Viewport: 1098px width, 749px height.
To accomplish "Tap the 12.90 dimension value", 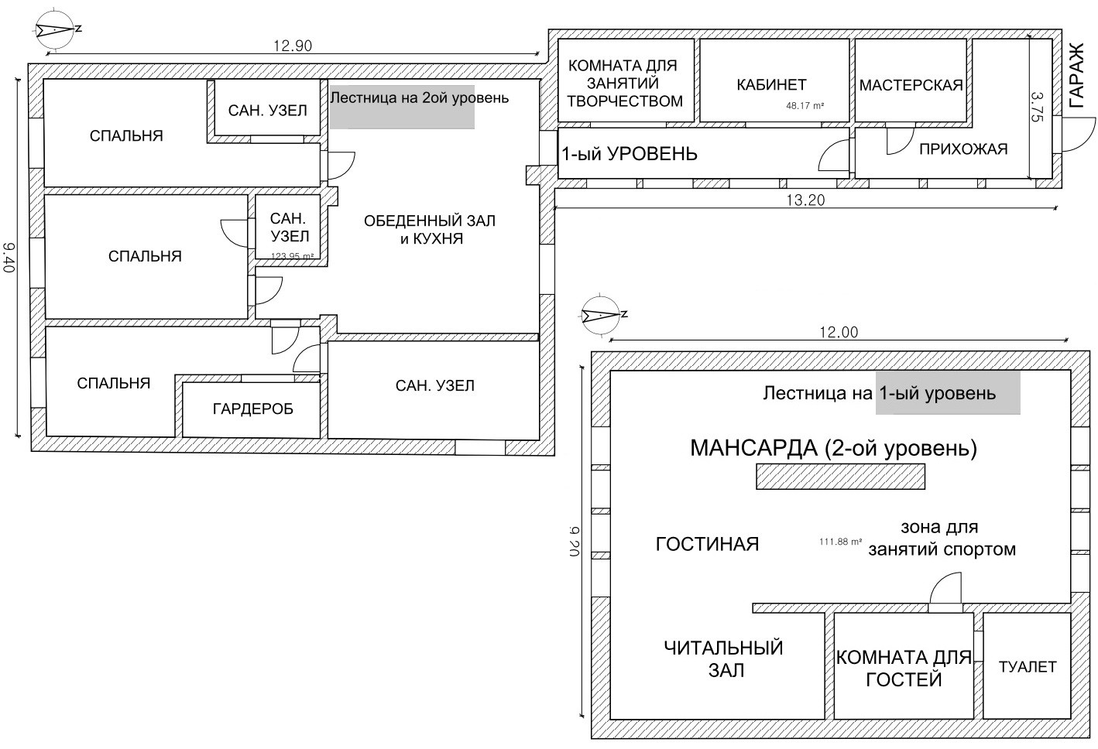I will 293,46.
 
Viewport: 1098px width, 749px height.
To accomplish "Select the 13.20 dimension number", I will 805,200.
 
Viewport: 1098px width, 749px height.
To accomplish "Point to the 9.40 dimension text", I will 9,257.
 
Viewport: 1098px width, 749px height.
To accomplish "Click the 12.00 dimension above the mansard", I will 839,332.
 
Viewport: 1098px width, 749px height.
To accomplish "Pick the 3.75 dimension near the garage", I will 1038,107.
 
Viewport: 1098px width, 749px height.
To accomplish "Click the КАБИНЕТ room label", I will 771,84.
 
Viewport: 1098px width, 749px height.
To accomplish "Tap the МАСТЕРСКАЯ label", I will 911,85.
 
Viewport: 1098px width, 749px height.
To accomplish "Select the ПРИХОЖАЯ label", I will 963,149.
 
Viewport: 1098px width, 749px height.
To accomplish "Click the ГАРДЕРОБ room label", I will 253,409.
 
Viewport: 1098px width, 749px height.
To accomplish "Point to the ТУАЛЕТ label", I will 1028,667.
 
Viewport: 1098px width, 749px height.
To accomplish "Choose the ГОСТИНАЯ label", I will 707,544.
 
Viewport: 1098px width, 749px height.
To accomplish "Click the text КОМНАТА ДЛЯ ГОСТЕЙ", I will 904,669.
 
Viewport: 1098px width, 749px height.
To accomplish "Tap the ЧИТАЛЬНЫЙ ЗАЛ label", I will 724,658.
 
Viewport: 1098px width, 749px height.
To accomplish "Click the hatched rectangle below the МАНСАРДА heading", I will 840,476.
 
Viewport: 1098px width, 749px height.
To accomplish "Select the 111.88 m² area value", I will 840,542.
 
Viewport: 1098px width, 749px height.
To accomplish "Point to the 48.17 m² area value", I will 805,106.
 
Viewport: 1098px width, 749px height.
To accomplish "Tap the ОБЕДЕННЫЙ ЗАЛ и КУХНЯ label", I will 430,230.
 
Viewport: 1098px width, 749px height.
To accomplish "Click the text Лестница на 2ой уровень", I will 420,98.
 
